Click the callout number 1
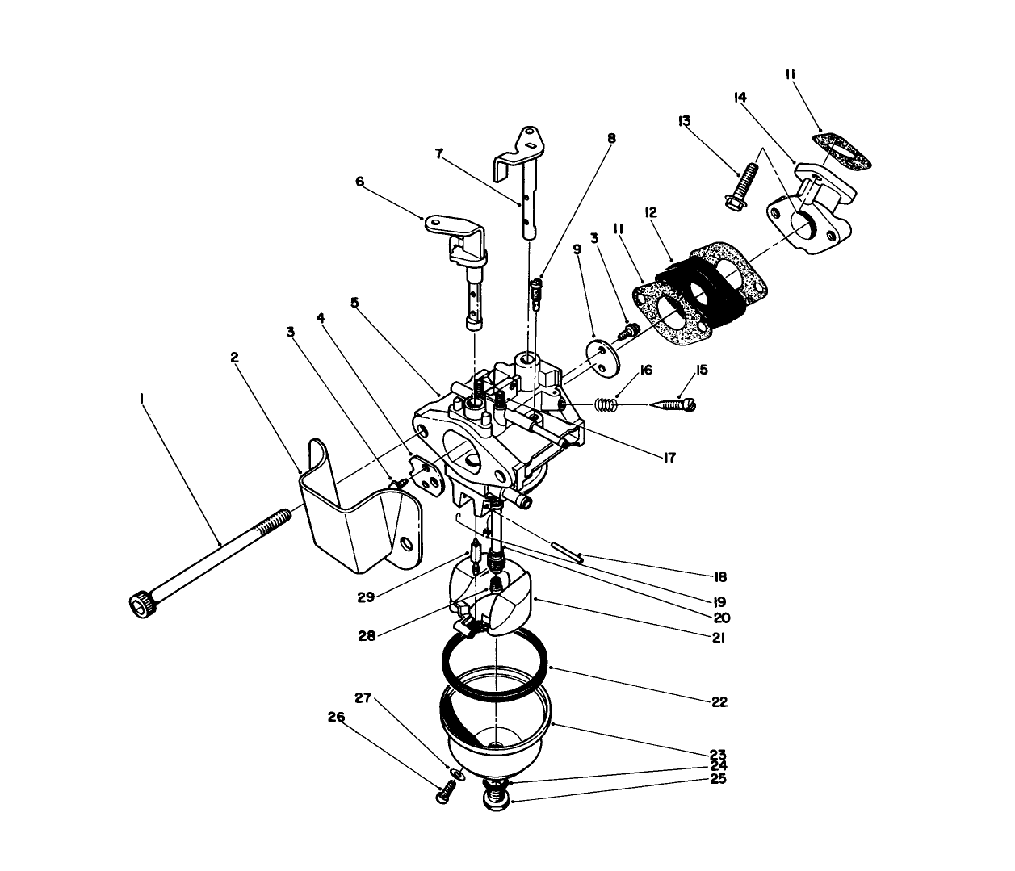[x=141, y=398]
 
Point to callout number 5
[x=354, y=302]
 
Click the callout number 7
[x=439, y=153]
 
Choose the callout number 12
[x=651, y=212]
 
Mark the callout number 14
[x=739, y=97]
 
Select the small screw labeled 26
[x=442, y=794]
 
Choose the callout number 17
[x=668, y=458]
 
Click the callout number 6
[x=360, y=182]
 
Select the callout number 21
[x=719, y=638]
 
